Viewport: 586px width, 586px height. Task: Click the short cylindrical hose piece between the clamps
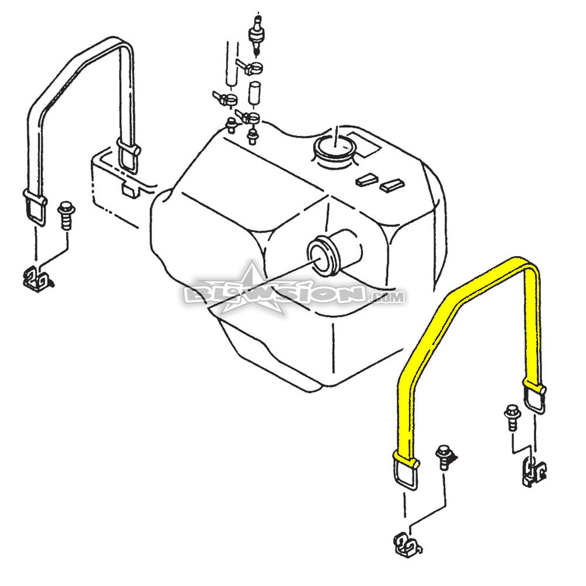point(254,94)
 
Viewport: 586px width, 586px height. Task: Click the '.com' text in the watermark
point(387,297)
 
